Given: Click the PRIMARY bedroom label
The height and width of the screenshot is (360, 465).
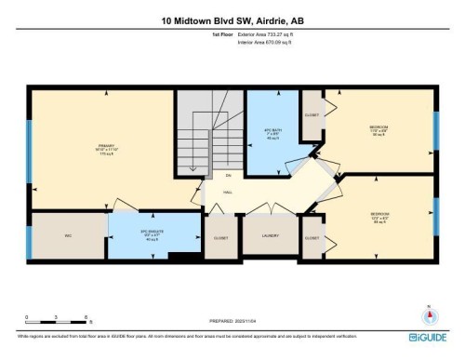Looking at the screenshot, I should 104,145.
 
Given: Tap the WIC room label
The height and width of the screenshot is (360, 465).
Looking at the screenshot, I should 68,236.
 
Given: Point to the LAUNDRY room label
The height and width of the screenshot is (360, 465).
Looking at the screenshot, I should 271,236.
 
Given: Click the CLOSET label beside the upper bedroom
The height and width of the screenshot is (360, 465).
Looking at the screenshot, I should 312,117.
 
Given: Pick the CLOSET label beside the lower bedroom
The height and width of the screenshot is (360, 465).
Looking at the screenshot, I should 312,237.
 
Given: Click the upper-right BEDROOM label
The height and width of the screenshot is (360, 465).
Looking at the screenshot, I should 379,127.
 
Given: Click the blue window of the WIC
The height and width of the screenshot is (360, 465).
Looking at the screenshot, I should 30,237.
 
